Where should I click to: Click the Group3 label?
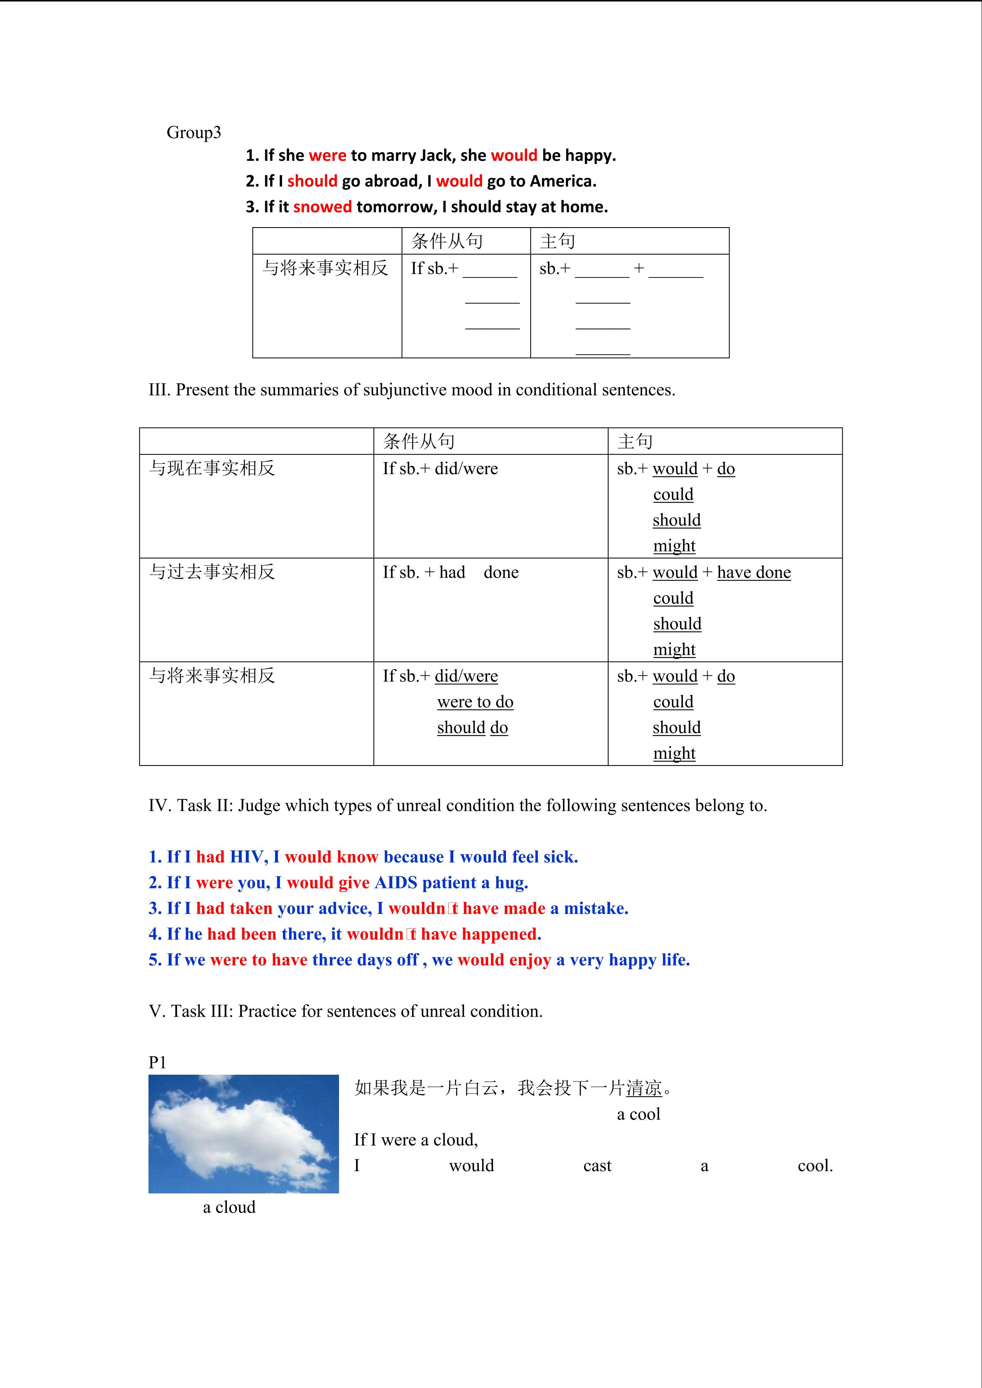pos(193,133)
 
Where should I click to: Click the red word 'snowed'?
pos(322,207)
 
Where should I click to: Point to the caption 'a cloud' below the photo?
pos(229,1207)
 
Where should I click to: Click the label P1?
pos(157,1063)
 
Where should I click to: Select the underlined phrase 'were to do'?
pos(475,702)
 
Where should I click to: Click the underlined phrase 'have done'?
pos(754,573)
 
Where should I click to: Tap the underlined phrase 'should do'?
pos(472,728)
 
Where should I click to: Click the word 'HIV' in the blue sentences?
pos(247,857)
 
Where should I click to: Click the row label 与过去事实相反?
pos(212,572)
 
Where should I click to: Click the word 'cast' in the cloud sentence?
pos(597,1166)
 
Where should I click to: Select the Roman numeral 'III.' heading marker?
pos(160,390)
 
